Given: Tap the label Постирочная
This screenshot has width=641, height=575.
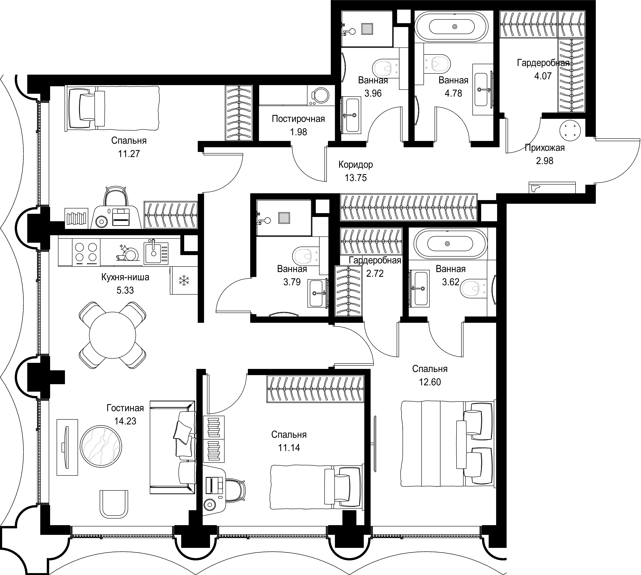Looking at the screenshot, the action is pos(298,119).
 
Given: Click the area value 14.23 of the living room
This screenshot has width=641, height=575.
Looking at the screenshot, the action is pos(126,421).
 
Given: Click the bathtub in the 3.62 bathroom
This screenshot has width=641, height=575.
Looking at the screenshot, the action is pos(447,244).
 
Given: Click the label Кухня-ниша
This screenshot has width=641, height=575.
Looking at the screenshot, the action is pos(125,277).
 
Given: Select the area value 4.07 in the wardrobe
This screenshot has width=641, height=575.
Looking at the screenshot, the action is pos(543,76).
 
